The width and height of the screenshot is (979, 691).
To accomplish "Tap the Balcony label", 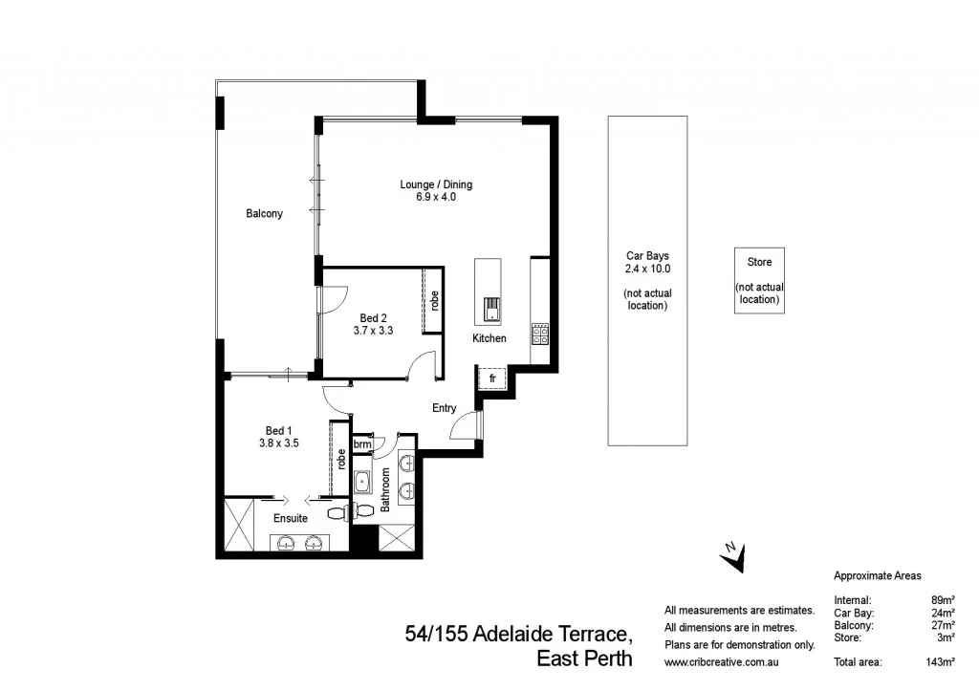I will (x=264, y=214).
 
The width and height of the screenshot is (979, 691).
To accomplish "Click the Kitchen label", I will (x=489, y=338).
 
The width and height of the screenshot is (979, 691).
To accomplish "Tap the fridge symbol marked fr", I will (x=491, y=378).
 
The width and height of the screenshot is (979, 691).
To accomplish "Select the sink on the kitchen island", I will (x=491, y=310).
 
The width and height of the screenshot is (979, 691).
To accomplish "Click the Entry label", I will (x=445, y=408).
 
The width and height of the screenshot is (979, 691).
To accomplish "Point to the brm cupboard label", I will (x=362, y=444).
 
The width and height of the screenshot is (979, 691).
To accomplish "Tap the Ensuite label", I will (x=290, y=518).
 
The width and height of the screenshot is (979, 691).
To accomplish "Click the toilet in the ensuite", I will (x=337, y=512).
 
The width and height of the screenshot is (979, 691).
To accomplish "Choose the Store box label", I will (x=759, y=261).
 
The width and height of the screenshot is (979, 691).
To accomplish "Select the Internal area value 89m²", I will (x=945, y=600).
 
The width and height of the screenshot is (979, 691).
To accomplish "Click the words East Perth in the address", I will (x=584, y=659).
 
